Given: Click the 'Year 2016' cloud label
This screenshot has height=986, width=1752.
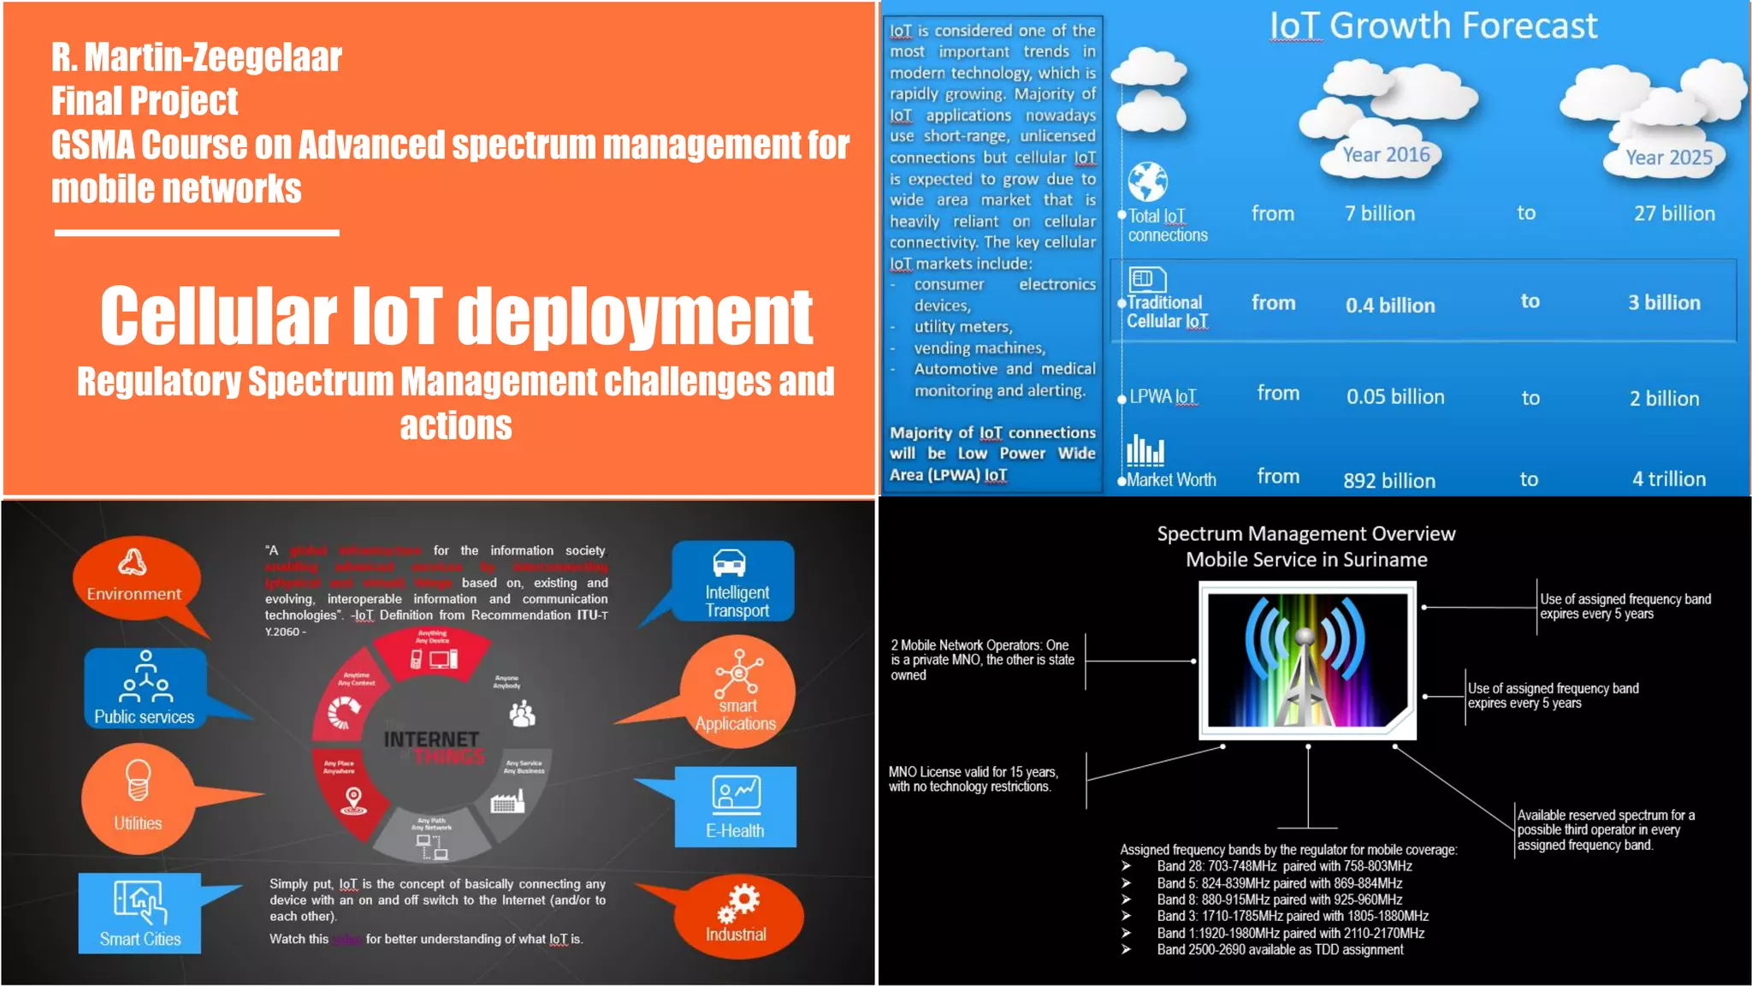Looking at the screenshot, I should [x=1386, y=155].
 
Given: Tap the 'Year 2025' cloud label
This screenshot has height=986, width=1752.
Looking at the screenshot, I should [x=1668, y=157].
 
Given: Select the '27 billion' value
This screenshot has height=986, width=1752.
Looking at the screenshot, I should [x=1674, y=213].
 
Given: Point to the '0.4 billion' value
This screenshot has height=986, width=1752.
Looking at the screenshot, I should [x=1390, y=306].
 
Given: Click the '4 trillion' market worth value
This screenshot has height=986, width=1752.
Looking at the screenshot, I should [x=1668, y=479].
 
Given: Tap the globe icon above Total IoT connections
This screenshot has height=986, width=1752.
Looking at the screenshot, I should [x=1147, y=181].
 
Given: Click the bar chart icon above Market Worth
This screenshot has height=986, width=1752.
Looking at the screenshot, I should [x=1145, y=450].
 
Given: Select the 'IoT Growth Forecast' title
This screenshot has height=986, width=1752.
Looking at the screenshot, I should [x=1433, y=26].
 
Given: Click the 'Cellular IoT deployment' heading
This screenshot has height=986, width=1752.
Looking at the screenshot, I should [x=456, y=316].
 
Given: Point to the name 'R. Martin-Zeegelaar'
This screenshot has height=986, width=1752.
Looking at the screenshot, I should [x=196, y=57].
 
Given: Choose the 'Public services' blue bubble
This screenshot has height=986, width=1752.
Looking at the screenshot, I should [x=145, y=689].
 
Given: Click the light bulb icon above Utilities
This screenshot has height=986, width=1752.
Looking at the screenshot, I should [x=138, y=780].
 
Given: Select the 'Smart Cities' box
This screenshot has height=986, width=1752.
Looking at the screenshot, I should [x=140, y=913].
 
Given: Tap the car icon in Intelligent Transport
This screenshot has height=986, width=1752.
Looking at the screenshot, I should [x=729, y=563].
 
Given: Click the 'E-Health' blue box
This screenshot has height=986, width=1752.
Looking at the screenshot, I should [x=735, y=807].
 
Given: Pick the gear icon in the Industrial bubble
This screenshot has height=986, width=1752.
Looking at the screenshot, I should [x=739, y=901].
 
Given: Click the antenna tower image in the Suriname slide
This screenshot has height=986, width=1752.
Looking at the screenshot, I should [x=1305, y=660].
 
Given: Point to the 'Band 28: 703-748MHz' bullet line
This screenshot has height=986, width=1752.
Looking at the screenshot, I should [x=1284, y=866].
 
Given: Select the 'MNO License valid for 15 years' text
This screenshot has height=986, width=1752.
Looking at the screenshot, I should [x=973, y=779].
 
